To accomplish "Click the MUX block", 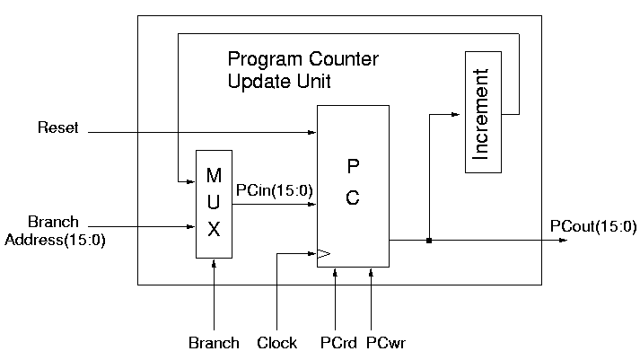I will pos(214,204).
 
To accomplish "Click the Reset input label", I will pos(57,128).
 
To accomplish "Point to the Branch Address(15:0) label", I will pos(54,231).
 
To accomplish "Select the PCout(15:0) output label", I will pos(593,226).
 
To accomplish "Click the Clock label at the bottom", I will pos(277,343).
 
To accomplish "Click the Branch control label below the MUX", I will pos(214,343).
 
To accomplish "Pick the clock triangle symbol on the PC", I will pos(323,254).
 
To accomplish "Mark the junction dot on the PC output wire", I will pos(430,241).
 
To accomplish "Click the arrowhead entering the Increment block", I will pos(459,114).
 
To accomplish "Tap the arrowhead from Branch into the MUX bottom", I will pos(214,263).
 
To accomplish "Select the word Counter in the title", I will pos(338,61).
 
